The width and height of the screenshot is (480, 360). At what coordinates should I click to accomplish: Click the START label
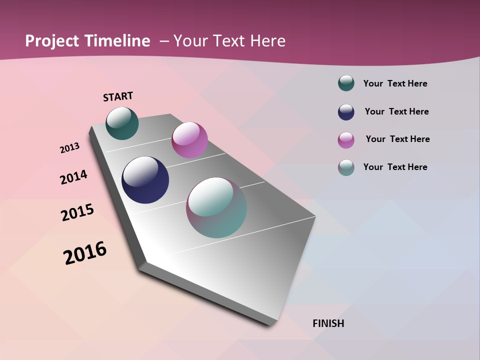point(118,96)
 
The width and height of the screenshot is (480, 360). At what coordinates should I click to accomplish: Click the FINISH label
point(328,323)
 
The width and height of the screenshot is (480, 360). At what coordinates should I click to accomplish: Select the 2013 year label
point(69,148)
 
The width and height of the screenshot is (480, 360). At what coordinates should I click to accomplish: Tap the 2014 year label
point(73,177)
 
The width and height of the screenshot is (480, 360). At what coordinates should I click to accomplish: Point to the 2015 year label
point(77,212)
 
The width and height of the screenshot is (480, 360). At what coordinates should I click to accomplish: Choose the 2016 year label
point(85,252)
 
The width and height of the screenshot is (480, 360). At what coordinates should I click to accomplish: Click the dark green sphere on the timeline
point(122,123)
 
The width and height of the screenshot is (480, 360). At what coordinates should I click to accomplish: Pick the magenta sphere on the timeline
point(189,140)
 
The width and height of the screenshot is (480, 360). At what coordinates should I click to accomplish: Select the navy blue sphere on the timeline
point(145,180)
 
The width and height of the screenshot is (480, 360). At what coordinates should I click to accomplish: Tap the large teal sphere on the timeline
point(216,207)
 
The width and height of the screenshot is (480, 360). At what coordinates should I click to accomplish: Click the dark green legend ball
point(346,83)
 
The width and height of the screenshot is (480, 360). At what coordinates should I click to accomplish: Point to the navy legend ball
point(346,111)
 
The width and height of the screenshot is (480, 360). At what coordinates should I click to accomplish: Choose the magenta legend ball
point(346,139)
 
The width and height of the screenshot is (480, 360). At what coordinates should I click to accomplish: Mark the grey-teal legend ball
point(346,167)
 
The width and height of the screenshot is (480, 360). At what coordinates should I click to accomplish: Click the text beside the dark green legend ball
point(395,83)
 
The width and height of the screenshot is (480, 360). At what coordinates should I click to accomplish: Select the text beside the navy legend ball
point(396,111)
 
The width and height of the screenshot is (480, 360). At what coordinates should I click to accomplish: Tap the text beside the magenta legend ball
point(397,139)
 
